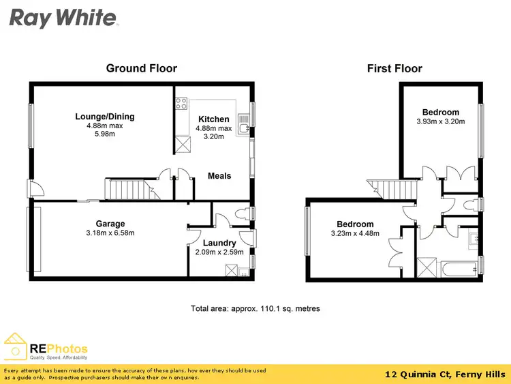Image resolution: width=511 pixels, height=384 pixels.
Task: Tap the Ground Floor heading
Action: point(142,68)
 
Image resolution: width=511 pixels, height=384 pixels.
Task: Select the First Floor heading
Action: point(394,68)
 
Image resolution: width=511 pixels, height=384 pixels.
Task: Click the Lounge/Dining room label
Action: point(105,117)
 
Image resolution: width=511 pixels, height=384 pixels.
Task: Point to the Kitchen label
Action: point(214,119)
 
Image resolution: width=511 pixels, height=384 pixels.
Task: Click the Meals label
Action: point(219,176)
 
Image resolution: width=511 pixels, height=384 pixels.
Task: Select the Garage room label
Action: point(110,224)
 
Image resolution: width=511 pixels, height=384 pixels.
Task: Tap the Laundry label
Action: point(219,243)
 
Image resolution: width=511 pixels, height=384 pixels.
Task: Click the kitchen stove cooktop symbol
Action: point(182,104)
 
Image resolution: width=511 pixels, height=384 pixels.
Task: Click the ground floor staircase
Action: point(130,189)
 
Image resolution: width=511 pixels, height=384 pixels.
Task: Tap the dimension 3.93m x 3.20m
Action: point(440,122)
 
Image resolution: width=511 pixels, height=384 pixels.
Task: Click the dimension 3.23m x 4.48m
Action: point(355,234)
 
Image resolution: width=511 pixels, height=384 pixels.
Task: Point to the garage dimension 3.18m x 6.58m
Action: point(110,233)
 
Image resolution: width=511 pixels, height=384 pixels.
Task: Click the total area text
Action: point(255,309)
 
